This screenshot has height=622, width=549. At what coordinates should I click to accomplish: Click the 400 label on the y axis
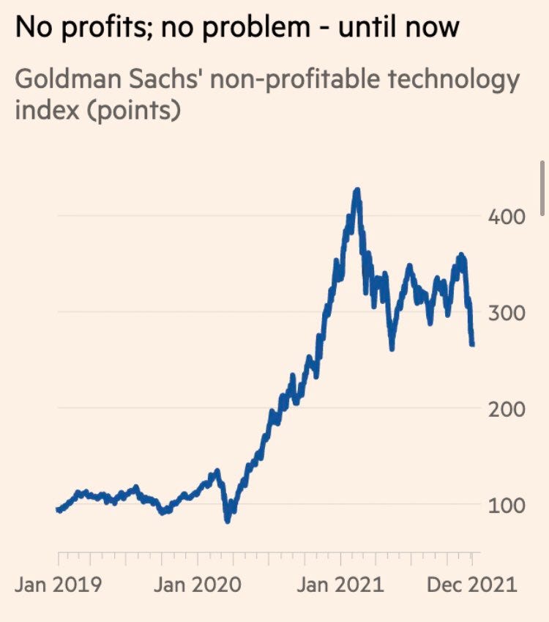(x=505, y=217)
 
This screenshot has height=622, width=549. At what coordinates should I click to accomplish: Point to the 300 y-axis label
(x=505, y=313)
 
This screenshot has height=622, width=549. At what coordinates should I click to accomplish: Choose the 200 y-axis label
(x=505, y=409)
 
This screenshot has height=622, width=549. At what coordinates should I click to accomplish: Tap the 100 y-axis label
(x=505, y=505)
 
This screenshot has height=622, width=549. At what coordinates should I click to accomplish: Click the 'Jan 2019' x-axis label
(x=59, y=585)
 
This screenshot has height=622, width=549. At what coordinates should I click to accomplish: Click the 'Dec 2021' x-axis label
(x=471, y=585)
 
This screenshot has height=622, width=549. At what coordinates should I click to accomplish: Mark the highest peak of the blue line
(x=356, y=190)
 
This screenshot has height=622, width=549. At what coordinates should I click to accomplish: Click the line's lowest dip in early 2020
(x=228, y=520)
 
